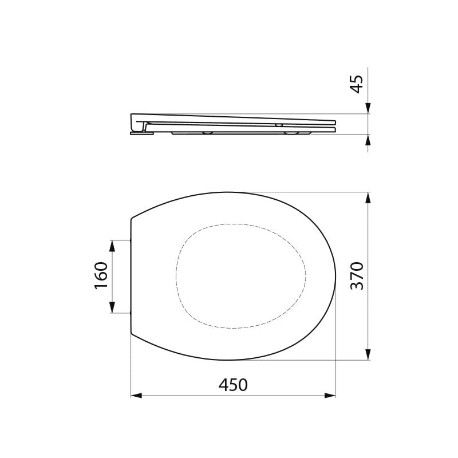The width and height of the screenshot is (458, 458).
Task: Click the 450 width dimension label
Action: (x=233, y=385)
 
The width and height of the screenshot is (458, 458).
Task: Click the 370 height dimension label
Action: (x=357, y=276)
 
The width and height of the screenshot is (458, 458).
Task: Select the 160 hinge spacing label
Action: (x=101, y=276)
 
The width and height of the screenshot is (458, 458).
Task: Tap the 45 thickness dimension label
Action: (x=357, y=84)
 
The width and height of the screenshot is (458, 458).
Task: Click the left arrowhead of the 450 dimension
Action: (x=136, y=396)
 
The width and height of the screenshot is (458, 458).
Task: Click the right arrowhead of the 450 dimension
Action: (x=330, y=396)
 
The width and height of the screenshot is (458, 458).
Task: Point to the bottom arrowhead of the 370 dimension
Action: (x=368, y=354)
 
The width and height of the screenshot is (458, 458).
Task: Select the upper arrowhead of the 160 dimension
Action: (x=112, y=246)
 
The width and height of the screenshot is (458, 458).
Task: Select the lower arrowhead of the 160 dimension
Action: (x=112, y=307)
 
